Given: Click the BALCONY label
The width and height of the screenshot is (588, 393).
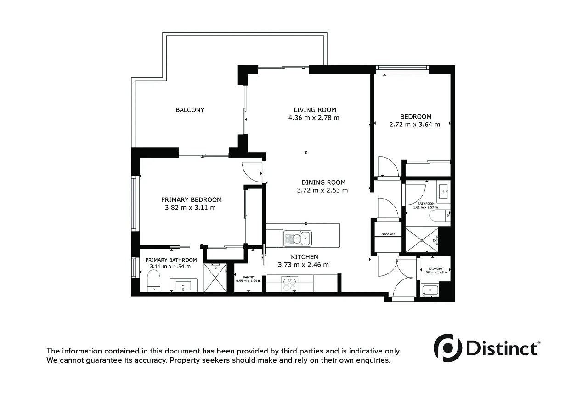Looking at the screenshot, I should point(190,110).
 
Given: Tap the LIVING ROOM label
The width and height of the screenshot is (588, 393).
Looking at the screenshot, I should point(315,110).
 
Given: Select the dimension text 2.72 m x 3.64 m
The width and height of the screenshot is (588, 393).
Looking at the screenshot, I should point(414,125).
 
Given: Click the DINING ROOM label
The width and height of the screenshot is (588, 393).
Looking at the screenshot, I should point(323,182).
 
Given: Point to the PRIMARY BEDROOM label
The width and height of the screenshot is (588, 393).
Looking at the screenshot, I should point(191,200).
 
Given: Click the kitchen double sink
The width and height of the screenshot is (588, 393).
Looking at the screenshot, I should point(297,238).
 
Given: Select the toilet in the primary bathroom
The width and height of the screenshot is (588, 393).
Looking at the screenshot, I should point(153,281).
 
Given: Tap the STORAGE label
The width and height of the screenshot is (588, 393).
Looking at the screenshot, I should point(389,234).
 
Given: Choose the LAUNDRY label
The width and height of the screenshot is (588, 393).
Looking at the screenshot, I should point(435,269).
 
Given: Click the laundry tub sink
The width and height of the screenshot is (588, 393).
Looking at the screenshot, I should point(430,290).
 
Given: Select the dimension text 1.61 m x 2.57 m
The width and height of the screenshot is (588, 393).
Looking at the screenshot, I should point(426,207).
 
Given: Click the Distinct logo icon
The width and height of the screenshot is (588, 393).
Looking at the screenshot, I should point(447,347).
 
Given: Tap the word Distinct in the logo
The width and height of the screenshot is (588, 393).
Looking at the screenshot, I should point(502,348).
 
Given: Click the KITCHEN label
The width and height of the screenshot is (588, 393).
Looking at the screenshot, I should point(304,257).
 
